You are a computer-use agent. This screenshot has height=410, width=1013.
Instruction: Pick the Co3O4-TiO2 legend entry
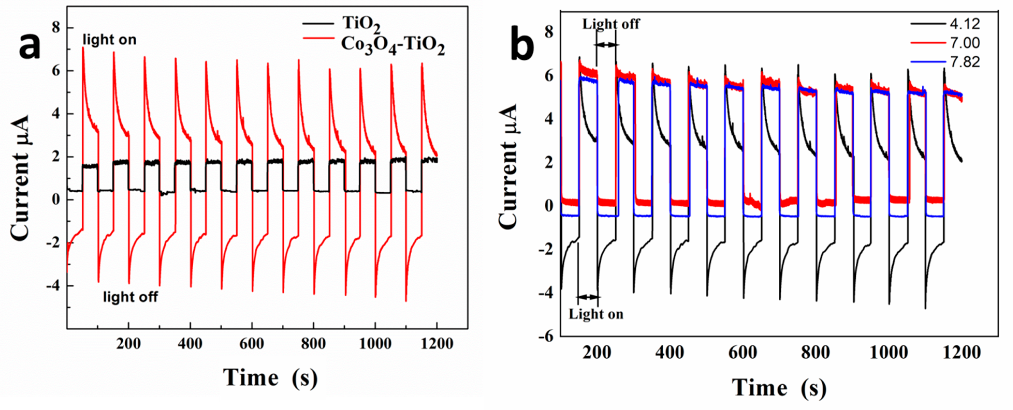pos(392,46)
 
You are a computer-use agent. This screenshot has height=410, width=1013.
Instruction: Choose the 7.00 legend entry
pos(964,43)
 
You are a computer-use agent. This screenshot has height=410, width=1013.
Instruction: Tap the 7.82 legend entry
pos(964,62)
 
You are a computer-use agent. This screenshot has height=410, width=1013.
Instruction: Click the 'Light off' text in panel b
pos(611,24)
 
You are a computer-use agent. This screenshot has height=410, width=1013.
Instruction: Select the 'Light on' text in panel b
pos(596,314)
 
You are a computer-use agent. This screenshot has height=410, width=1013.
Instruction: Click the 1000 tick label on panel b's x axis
pos(888,352)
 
